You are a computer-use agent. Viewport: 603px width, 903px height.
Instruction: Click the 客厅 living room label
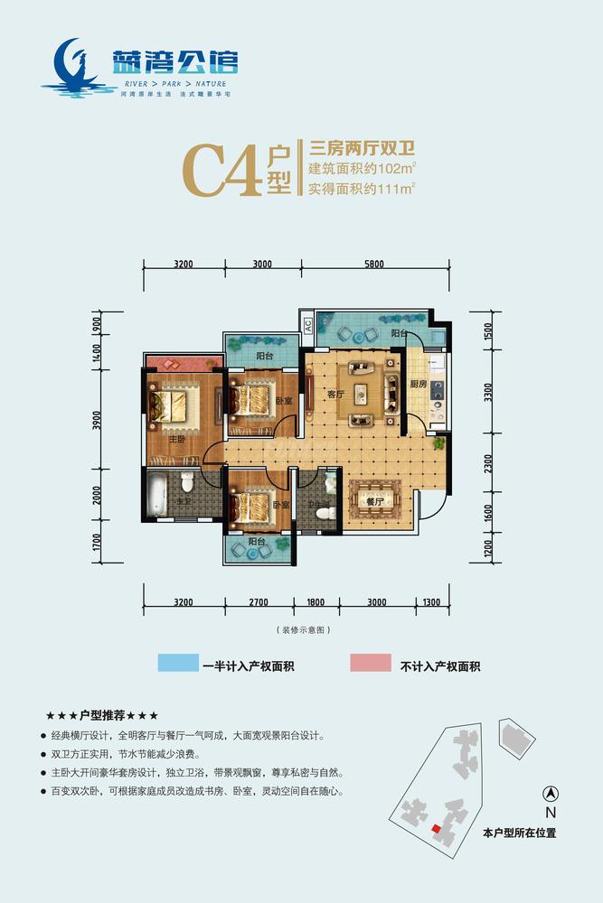click(334, 393)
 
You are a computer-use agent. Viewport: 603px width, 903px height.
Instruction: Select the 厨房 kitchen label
click(416, 384)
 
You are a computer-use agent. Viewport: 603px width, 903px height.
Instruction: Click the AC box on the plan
click(307, 325)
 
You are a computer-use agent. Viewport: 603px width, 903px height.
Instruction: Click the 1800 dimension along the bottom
click(316, 601)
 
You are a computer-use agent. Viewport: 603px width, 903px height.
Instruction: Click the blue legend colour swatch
click(184, 664)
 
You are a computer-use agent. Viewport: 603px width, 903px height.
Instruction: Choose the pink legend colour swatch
click(371, 664)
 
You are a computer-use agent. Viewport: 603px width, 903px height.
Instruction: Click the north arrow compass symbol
click(549, 795)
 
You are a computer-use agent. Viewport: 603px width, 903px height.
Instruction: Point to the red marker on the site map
click(436, 828)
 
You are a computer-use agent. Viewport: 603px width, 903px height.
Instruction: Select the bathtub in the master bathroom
click(159, 491)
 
